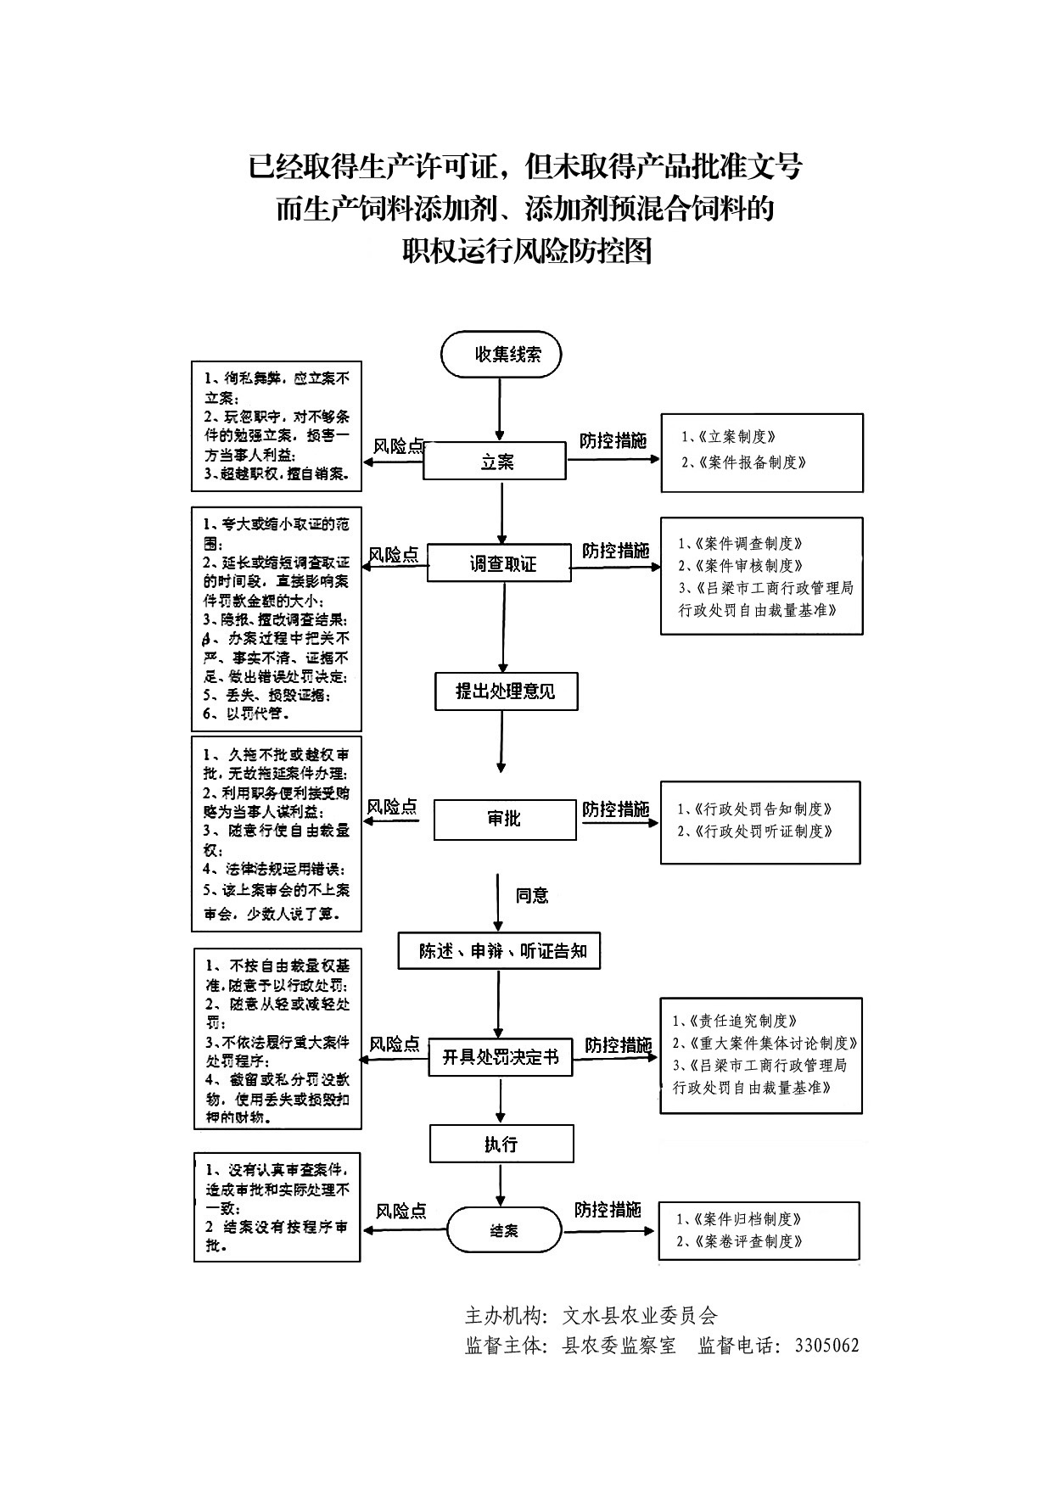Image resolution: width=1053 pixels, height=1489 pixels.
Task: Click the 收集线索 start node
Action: [x=501, y=355]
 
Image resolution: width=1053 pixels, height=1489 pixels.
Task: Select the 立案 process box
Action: [x=496, y=462]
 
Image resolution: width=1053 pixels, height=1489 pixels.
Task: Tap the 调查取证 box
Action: [x=499, y=563]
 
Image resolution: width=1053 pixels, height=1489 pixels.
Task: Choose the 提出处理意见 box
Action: [x=506, y=691]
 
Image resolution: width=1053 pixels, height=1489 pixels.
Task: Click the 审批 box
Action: [x=504, y=819]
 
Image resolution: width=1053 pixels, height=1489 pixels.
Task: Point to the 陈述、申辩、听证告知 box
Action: [x=500, y=950]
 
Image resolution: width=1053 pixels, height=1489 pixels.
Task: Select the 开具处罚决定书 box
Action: [x=500, y=1057]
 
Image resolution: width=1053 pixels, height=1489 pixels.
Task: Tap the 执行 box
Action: [x=501, y=1144]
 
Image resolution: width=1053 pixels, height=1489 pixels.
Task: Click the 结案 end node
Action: [x=504, y=1229]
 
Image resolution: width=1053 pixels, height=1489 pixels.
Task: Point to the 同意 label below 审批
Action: [x=532, y=895]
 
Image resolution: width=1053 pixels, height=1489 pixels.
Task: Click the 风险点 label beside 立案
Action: [x=399, y=446]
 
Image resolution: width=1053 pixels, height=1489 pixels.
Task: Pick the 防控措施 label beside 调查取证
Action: [x=615, y=550]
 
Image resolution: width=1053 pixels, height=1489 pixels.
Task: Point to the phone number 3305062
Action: [x=826, y=1346]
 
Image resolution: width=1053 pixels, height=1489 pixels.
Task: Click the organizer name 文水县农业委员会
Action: [x=640, y=1316]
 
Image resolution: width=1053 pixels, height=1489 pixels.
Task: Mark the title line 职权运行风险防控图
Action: [x=526, y=250]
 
